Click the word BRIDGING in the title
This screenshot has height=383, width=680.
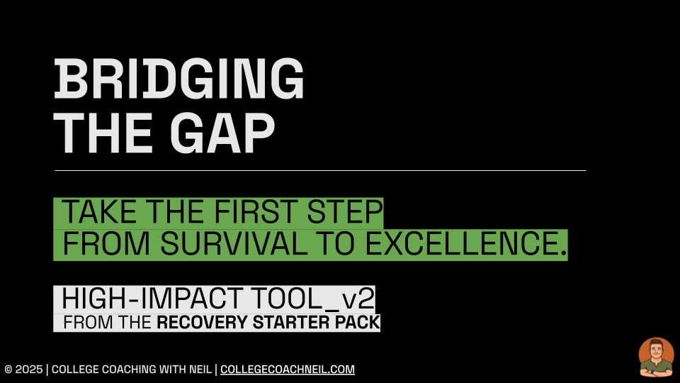[x=178, y=79]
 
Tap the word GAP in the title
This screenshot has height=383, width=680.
[x=222, y=133]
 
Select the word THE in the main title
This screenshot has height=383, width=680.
[x=103, y=133]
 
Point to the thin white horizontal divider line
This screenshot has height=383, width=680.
[x=320, y=171]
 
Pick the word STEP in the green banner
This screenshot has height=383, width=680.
[x=345, y=212]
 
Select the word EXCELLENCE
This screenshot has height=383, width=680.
[x=466, y=243]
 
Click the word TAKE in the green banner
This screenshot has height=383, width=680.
[x=99, y=212]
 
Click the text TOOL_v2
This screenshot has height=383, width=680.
[x=312, y=299]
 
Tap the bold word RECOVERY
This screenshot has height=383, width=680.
[x=202, y=323]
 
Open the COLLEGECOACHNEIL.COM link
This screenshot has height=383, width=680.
[x=288, y=370]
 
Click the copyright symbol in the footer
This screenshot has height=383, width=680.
[x=8, y=370]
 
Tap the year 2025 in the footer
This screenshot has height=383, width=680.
[x=29, y=370]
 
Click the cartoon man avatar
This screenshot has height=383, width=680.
[x=656, y=357]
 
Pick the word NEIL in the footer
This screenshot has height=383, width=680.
[x=200, y=370]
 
